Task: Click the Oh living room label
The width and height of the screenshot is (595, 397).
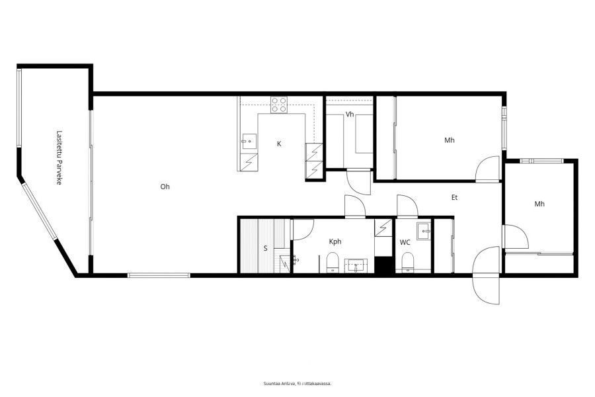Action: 165,187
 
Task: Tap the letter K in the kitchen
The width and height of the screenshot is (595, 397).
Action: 279,144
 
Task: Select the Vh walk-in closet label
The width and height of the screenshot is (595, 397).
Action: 350,114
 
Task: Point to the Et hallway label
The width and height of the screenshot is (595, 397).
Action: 454,198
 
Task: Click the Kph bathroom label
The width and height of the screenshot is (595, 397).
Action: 335,242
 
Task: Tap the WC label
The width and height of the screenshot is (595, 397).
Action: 405,242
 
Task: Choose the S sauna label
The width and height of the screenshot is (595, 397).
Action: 266,249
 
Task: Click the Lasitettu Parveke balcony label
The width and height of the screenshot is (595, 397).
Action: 59,157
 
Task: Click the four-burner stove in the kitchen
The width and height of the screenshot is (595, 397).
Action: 279,105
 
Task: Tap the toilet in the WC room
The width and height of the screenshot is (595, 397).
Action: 407,263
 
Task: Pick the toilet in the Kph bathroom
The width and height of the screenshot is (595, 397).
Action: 333,262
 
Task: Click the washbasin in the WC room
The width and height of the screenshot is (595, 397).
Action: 424,231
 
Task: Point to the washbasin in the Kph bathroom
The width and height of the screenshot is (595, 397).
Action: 356,265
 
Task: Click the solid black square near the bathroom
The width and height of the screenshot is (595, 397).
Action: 383,265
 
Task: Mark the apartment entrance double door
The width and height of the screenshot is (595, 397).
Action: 487,275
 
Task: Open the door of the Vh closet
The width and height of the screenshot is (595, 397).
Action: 358,183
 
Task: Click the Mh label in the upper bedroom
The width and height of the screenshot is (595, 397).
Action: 450,140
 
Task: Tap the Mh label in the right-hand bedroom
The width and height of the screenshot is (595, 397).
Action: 539,204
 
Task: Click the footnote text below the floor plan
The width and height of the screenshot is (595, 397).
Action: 297,384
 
